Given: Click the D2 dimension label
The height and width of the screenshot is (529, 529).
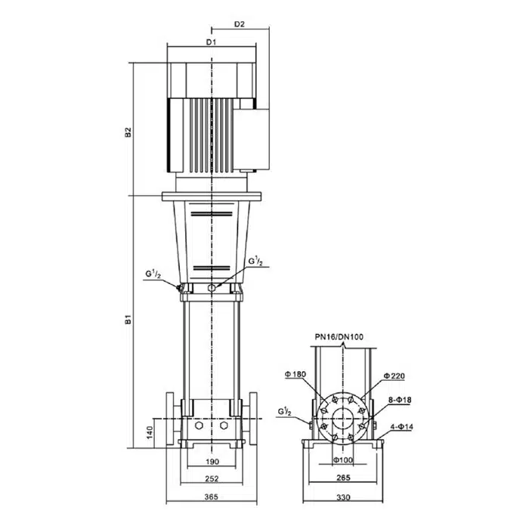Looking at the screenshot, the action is click(240, 24).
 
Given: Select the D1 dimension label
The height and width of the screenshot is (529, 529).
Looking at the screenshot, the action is click(211, 42).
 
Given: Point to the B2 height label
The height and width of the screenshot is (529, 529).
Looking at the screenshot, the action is click(128, 132).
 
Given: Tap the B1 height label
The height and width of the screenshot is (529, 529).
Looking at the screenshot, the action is click(128, 320).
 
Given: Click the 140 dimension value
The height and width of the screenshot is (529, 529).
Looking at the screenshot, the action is click(150, 432).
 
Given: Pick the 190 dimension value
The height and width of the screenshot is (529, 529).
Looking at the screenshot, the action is click(212, 462).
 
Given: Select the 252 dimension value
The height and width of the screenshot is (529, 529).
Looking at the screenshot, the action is click(212, 478).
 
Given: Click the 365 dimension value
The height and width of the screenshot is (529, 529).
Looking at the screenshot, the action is click(212, 497).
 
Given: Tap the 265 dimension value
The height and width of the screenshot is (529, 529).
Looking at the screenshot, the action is click(343, 478).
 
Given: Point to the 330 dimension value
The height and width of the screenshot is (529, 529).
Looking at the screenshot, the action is click(343, 497).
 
